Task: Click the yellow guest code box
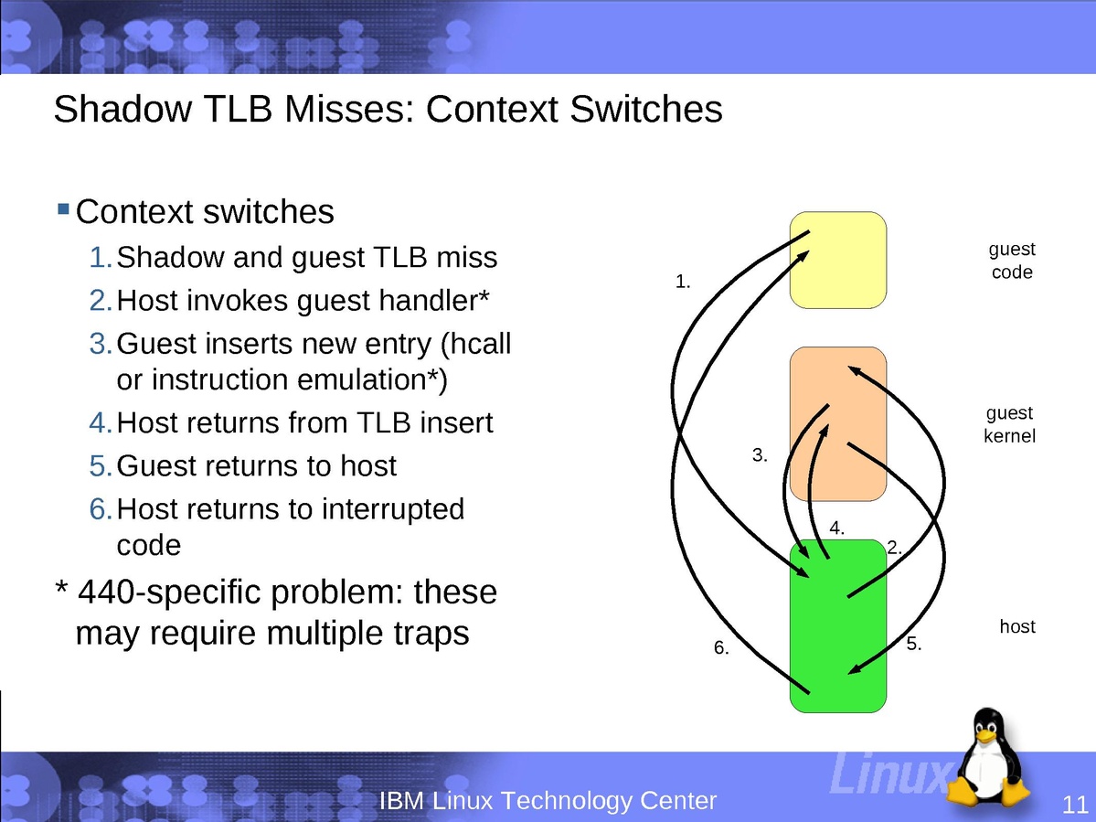[x=838, y=260]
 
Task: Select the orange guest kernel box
[x=838, y=423]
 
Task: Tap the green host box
[x=838, y=626]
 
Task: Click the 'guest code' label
[x=1012, y=260]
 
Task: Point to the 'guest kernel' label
[x=1010, y=424]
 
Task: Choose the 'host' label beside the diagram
[x=1017, y=626]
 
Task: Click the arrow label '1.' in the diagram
[x=683, y=282]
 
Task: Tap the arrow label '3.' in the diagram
[x=760, y=455]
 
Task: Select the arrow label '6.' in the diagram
[x=721, y=648]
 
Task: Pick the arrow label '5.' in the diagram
[x=914, y=644]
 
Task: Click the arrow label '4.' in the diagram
[x=836, y=528]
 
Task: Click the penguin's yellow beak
[x=986, y=735]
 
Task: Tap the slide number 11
[x=1075, y=804]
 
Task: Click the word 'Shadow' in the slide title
[x=122, y=109]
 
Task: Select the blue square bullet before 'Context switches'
[x=63, y=208]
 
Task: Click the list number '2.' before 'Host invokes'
[x=101, y=301]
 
